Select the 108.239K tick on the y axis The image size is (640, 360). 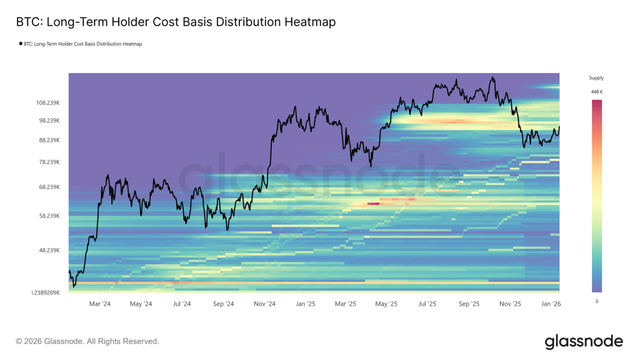point(48,102)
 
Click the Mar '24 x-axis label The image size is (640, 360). point(100,304)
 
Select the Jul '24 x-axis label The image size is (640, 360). point(182,304)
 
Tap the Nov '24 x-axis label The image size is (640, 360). point(264,304)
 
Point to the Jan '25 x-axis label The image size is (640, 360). point(305,304)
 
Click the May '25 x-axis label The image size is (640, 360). point(387,304)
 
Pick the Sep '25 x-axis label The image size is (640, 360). point(469,304)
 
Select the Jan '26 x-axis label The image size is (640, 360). point(551,304)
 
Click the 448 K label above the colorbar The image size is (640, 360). point(596,92)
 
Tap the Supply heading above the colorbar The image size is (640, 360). point(596,78)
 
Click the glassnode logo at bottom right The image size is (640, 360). point(584,341)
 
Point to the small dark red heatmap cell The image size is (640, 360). point(373,203)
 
